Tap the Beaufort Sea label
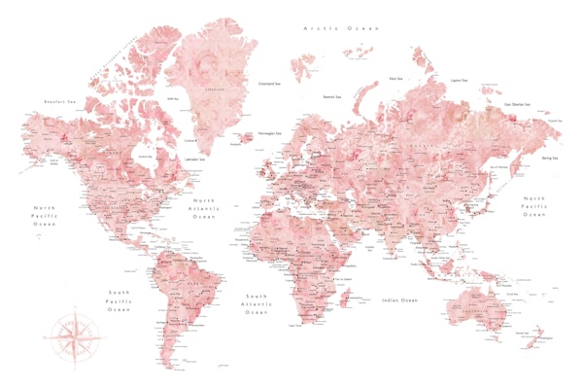(x=61, y=100)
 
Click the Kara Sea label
(x=396, y=78)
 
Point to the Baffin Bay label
(x=173, y=98)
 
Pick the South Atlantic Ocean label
(x=257, y=303)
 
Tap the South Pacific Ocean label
(x=119, y=301)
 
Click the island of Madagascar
(x=342, y=291)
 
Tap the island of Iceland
(x=245, y=138)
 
